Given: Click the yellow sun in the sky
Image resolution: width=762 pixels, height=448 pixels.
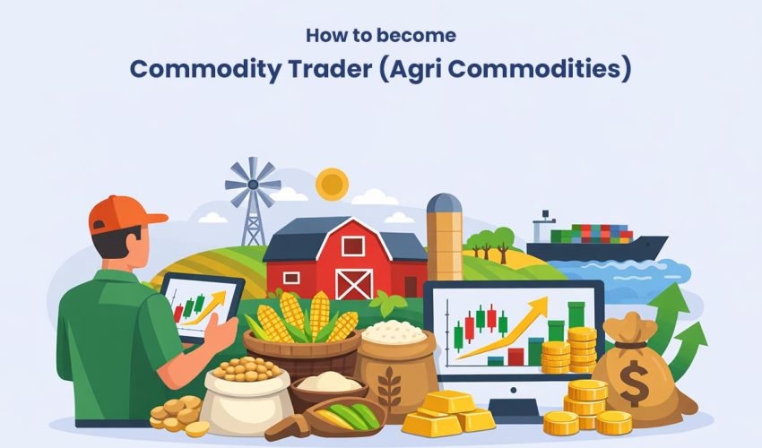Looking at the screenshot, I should coord(332,184).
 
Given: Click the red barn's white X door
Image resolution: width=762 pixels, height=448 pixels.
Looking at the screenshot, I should coord(353,282).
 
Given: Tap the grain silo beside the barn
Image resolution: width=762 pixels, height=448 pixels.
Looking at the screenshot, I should coord(444,237).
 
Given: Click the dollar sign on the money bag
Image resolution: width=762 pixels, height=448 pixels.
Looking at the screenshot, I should coord(635,383).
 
